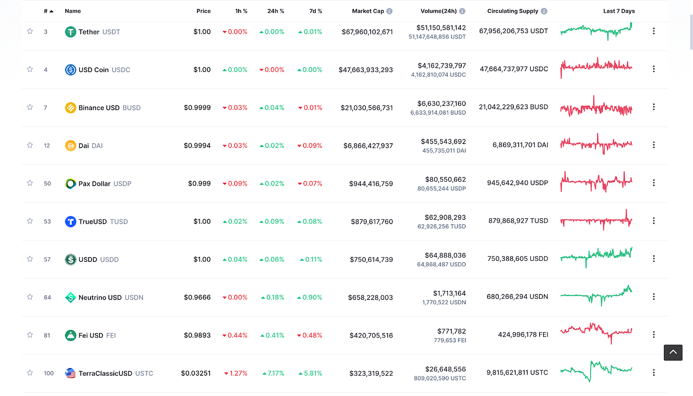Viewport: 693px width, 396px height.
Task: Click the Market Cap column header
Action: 368,11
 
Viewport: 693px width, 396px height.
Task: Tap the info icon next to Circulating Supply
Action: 544,11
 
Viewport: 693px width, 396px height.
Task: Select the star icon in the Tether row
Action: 30,31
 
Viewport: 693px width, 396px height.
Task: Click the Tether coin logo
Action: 70,32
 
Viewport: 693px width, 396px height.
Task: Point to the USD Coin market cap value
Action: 366,70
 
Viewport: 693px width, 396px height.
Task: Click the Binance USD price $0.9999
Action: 197,107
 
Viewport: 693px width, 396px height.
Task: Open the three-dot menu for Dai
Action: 653,145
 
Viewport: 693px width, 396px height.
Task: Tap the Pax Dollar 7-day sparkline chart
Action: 596,182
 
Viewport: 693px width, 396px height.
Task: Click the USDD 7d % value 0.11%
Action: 312,259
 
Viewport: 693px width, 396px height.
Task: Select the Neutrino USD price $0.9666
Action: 197,297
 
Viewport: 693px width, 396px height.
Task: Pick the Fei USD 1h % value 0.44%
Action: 237,335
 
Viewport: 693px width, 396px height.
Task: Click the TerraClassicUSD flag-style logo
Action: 70,373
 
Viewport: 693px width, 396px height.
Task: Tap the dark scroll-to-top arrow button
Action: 673,352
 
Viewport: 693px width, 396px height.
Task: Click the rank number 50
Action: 48,184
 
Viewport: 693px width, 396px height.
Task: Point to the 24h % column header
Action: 275,11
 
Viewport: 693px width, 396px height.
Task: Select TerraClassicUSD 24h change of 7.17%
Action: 273,373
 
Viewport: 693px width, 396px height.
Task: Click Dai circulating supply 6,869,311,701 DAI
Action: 520,145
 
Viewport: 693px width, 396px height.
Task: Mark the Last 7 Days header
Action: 619,11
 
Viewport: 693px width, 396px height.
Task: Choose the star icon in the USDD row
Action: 30,259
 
